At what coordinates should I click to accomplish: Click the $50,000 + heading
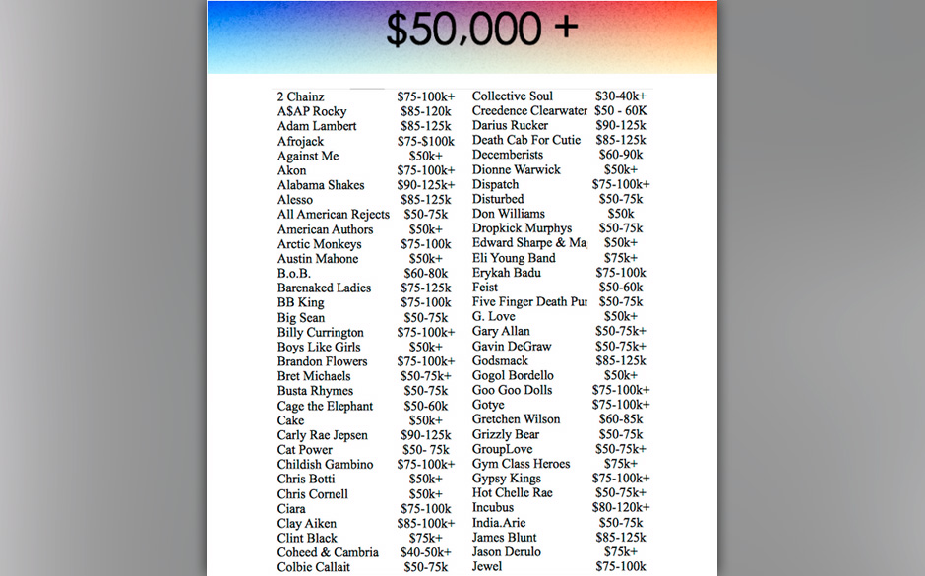(481, 31)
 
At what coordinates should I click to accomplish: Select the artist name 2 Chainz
(300, 96)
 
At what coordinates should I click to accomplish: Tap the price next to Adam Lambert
(426, 126)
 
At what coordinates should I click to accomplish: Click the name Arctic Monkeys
(319, 244)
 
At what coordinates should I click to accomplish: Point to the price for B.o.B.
(425, 273)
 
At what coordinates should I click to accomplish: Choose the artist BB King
(300, 302)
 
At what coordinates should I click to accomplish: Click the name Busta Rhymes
(315, 391)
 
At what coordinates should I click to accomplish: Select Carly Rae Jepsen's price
(426, 435)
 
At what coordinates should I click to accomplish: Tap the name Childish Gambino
(325, 464)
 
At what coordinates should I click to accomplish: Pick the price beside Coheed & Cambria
(425, 552)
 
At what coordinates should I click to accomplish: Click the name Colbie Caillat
(314, 567)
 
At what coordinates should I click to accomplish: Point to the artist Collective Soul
(513, 96)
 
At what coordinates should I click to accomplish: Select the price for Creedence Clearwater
(620, 110)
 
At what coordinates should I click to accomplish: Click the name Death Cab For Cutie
(526, 140)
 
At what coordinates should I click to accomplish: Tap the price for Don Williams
(620, 214)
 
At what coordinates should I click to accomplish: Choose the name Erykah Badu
(507, 273)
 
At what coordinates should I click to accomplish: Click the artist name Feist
(485, 287)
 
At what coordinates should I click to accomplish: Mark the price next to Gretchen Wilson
(620, 419)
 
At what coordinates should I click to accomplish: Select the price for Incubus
(620, 507)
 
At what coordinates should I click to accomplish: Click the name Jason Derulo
(506, 551)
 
